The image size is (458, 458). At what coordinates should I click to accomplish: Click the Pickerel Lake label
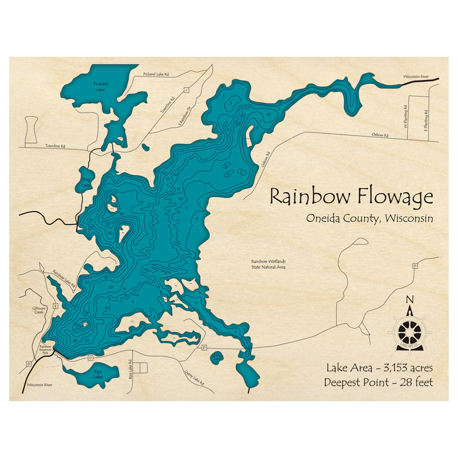(100, 87)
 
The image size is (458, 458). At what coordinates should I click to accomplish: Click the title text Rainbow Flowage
(351, 197)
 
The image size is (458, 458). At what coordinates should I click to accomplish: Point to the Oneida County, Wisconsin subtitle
(370, 218)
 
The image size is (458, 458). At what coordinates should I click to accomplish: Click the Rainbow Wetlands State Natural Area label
(268, 264)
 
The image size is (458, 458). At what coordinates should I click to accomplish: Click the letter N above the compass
(410, 300)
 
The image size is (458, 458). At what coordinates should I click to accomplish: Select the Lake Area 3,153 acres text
(379, 368)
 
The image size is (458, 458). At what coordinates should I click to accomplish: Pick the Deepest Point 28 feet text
(378, 382)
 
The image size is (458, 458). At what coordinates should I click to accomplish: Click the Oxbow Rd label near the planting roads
(380, 136)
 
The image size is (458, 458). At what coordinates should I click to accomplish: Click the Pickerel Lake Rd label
(156, 74)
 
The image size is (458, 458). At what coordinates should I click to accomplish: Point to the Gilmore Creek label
(39, 311)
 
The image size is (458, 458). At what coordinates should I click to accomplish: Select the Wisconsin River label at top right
(415, 76)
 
